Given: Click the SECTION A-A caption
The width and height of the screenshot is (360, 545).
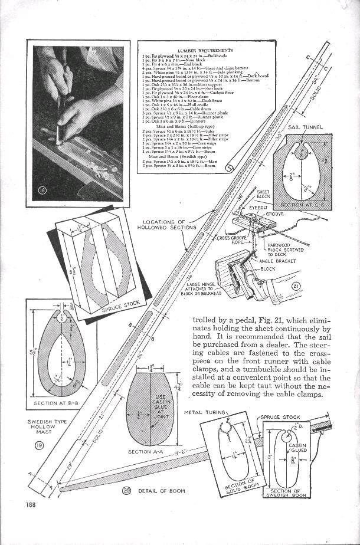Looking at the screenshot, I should [144, 451].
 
